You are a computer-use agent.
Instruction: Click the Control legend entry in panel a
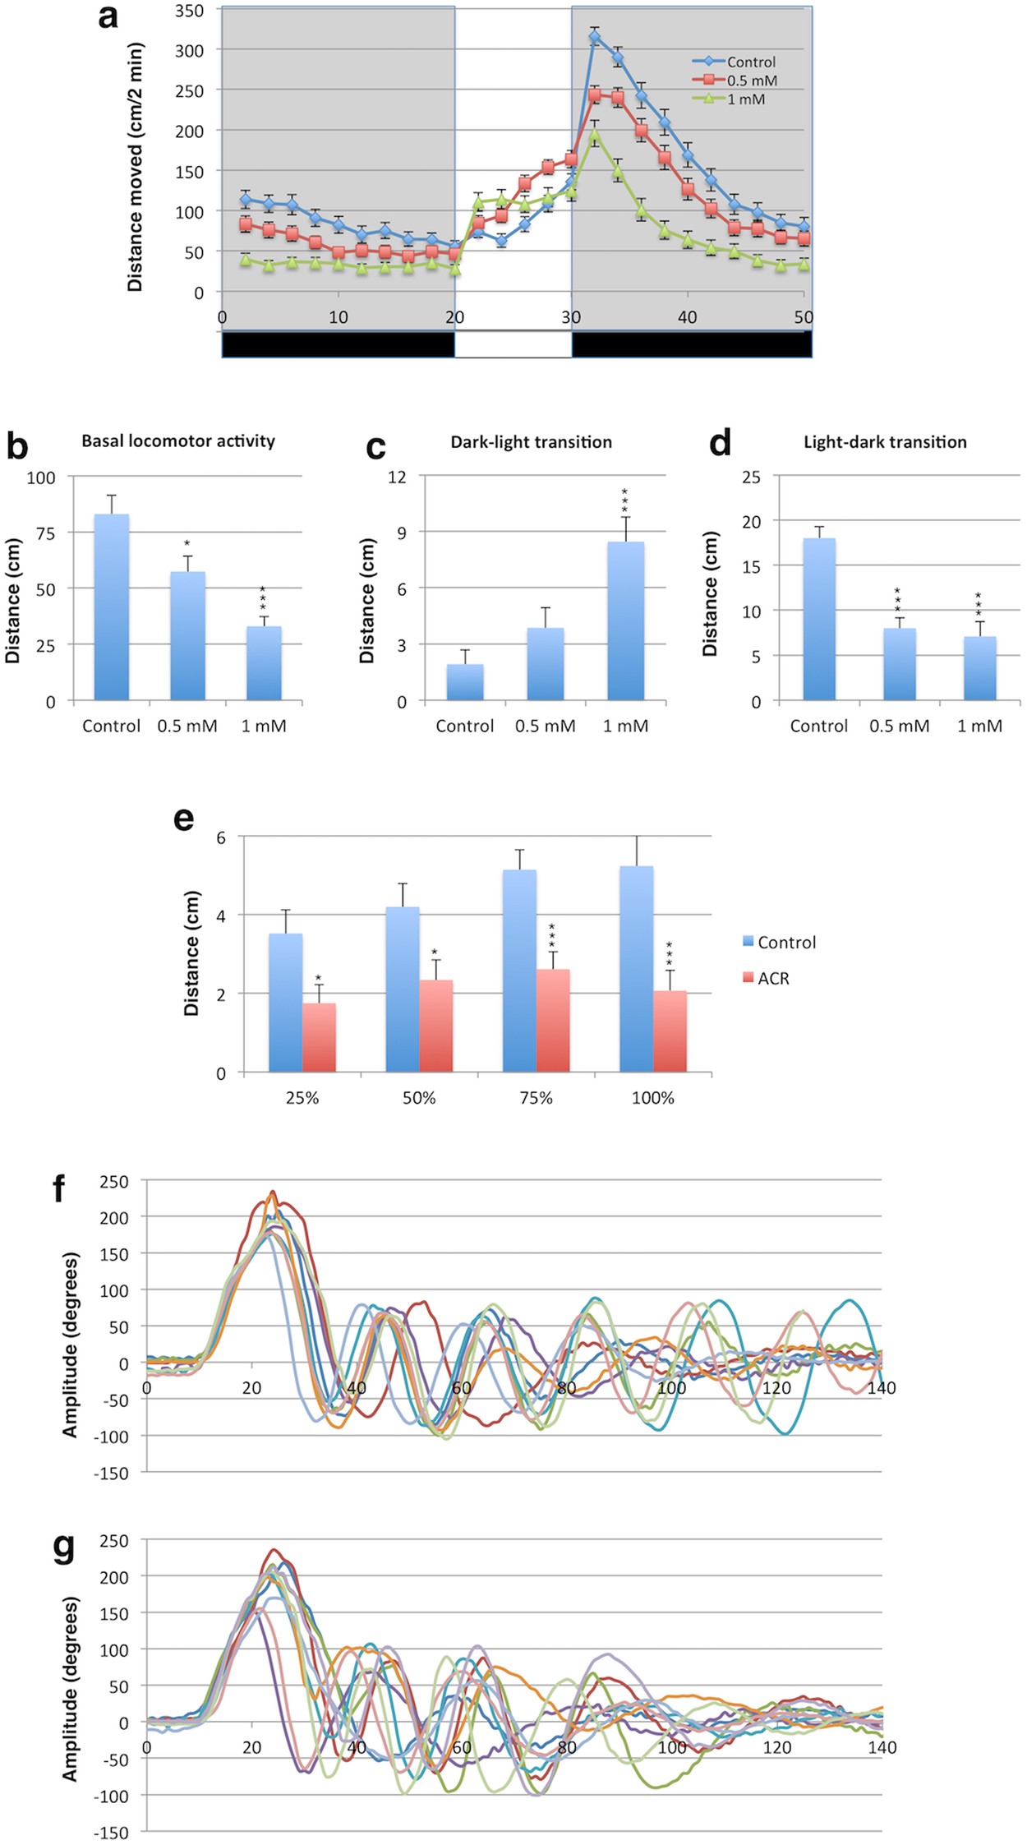[750, 62]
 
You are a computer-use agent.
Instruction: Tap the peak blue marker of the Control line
[594, 37]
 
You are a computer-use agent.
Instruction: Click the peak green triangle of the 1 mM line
[594, 134]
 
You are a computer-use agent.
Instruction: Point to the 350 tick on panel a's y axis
[190, 11]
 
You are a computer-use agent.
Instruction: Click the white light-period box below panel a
[513, 345]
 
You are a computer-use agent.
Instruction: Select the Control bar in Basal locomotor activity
[112, 607]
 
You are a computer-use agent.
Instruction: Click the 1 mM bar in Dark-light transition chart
[625, 621]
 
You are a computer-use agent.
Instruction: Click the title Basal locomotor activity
[178, 441]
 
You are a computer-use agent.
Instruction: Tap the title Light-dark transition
[885, 442]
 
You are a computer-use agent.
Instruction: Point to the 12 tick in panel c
[397, 477]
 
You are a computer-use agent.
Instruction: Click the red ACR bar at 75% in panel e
[553, 1021]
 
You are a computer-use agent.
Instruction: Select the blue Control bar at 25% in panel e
[285, 1003]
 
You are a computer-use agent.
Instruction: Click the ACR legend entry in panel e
[772, 979]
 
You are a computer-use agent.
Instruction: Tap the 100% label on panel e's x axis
[652, 1098]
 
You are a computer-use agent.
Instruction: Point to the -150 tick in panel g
[113, 1833]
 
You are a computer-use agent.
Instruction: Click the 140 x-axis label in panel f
[882, 1388]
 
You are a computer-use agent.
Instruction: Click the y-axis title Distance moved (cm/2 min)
[136, 168]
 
